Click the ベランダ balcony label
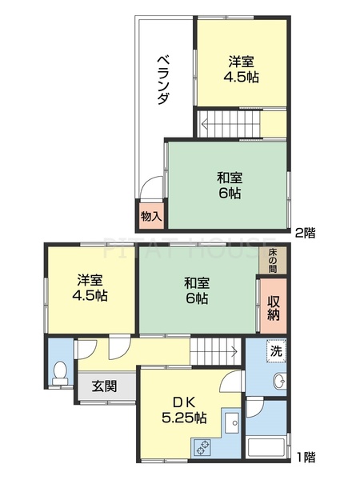tap(162, 80)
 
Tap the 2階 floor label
tap(303, 233)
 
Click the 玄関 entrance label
tap(104, 386)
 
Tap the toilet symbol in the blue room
tap(60, 374)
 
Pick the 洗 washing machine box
tap(275, 350)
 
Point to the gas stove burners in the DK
tap(202, 448)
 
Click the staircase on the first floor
tap(214, 350)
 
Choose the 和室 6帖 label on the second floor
tap(228, 186)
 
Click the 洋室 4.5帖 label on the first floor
tap(92, 287)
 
